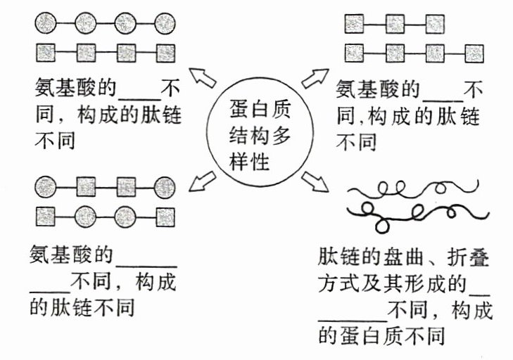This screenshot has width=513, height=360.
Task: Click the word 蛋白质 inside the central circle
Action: [x=260, y=110]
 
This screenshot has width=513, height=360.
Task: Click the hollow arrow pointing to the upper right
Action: [x=315, y=78]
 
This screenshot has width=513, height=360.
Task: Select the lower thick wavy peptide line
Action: [x=415, y=211]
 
